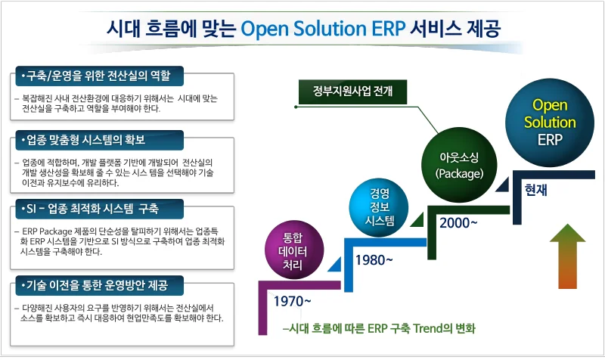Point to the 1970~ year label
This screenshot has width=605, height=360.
point(292,301)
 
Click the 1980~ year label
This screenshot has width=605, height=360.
point(374,260)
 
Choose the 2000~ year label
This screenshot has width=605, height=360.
point(458,222)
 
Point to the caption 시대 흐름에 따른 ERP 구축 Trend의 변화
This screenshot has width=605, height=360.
point(377,330)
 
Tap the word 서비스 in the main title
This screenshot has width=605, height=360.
point(434,29)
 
